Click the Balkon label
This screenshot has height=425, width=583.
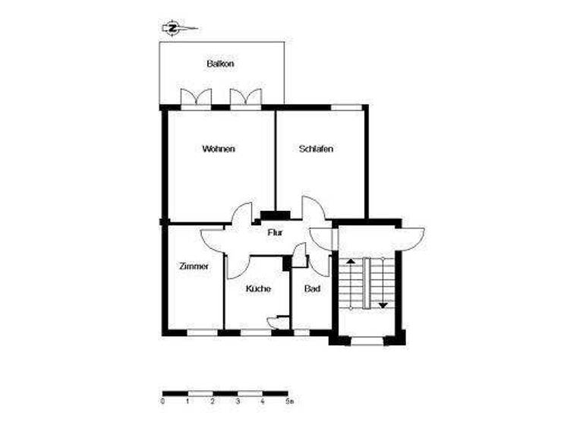tap(220, 65)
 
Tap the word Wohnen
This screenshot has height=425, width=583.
tap(219, 149)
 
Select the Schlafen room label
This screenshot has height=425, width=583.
tap(317, 149)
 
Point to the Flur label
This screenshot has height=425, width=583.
tap(275, 232)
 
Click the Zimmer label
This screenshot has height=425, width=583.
tap(194, 266)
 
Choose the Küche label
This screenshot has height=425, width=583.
tap(258, 289)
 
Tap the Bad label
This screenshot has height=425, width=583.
tap(311, 289)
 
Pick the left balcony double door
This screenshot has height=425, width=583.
tap(196, 99)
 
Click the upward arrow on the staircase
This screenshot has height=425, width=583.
tap(351, 263)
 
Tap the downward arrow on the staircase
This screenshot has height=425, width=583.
tap(383, 304)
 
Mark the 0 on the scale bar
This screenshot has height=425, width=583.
tap(163, 400)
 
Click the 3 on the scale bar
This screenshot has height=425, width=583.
tap(238, 400)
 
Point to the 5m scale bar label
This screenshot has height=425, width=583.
tap(288, 400)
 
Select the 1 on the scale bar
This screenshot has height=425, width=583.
tap(188, 400)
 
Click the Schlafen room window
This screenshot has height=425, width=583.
tap(346, 107)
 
